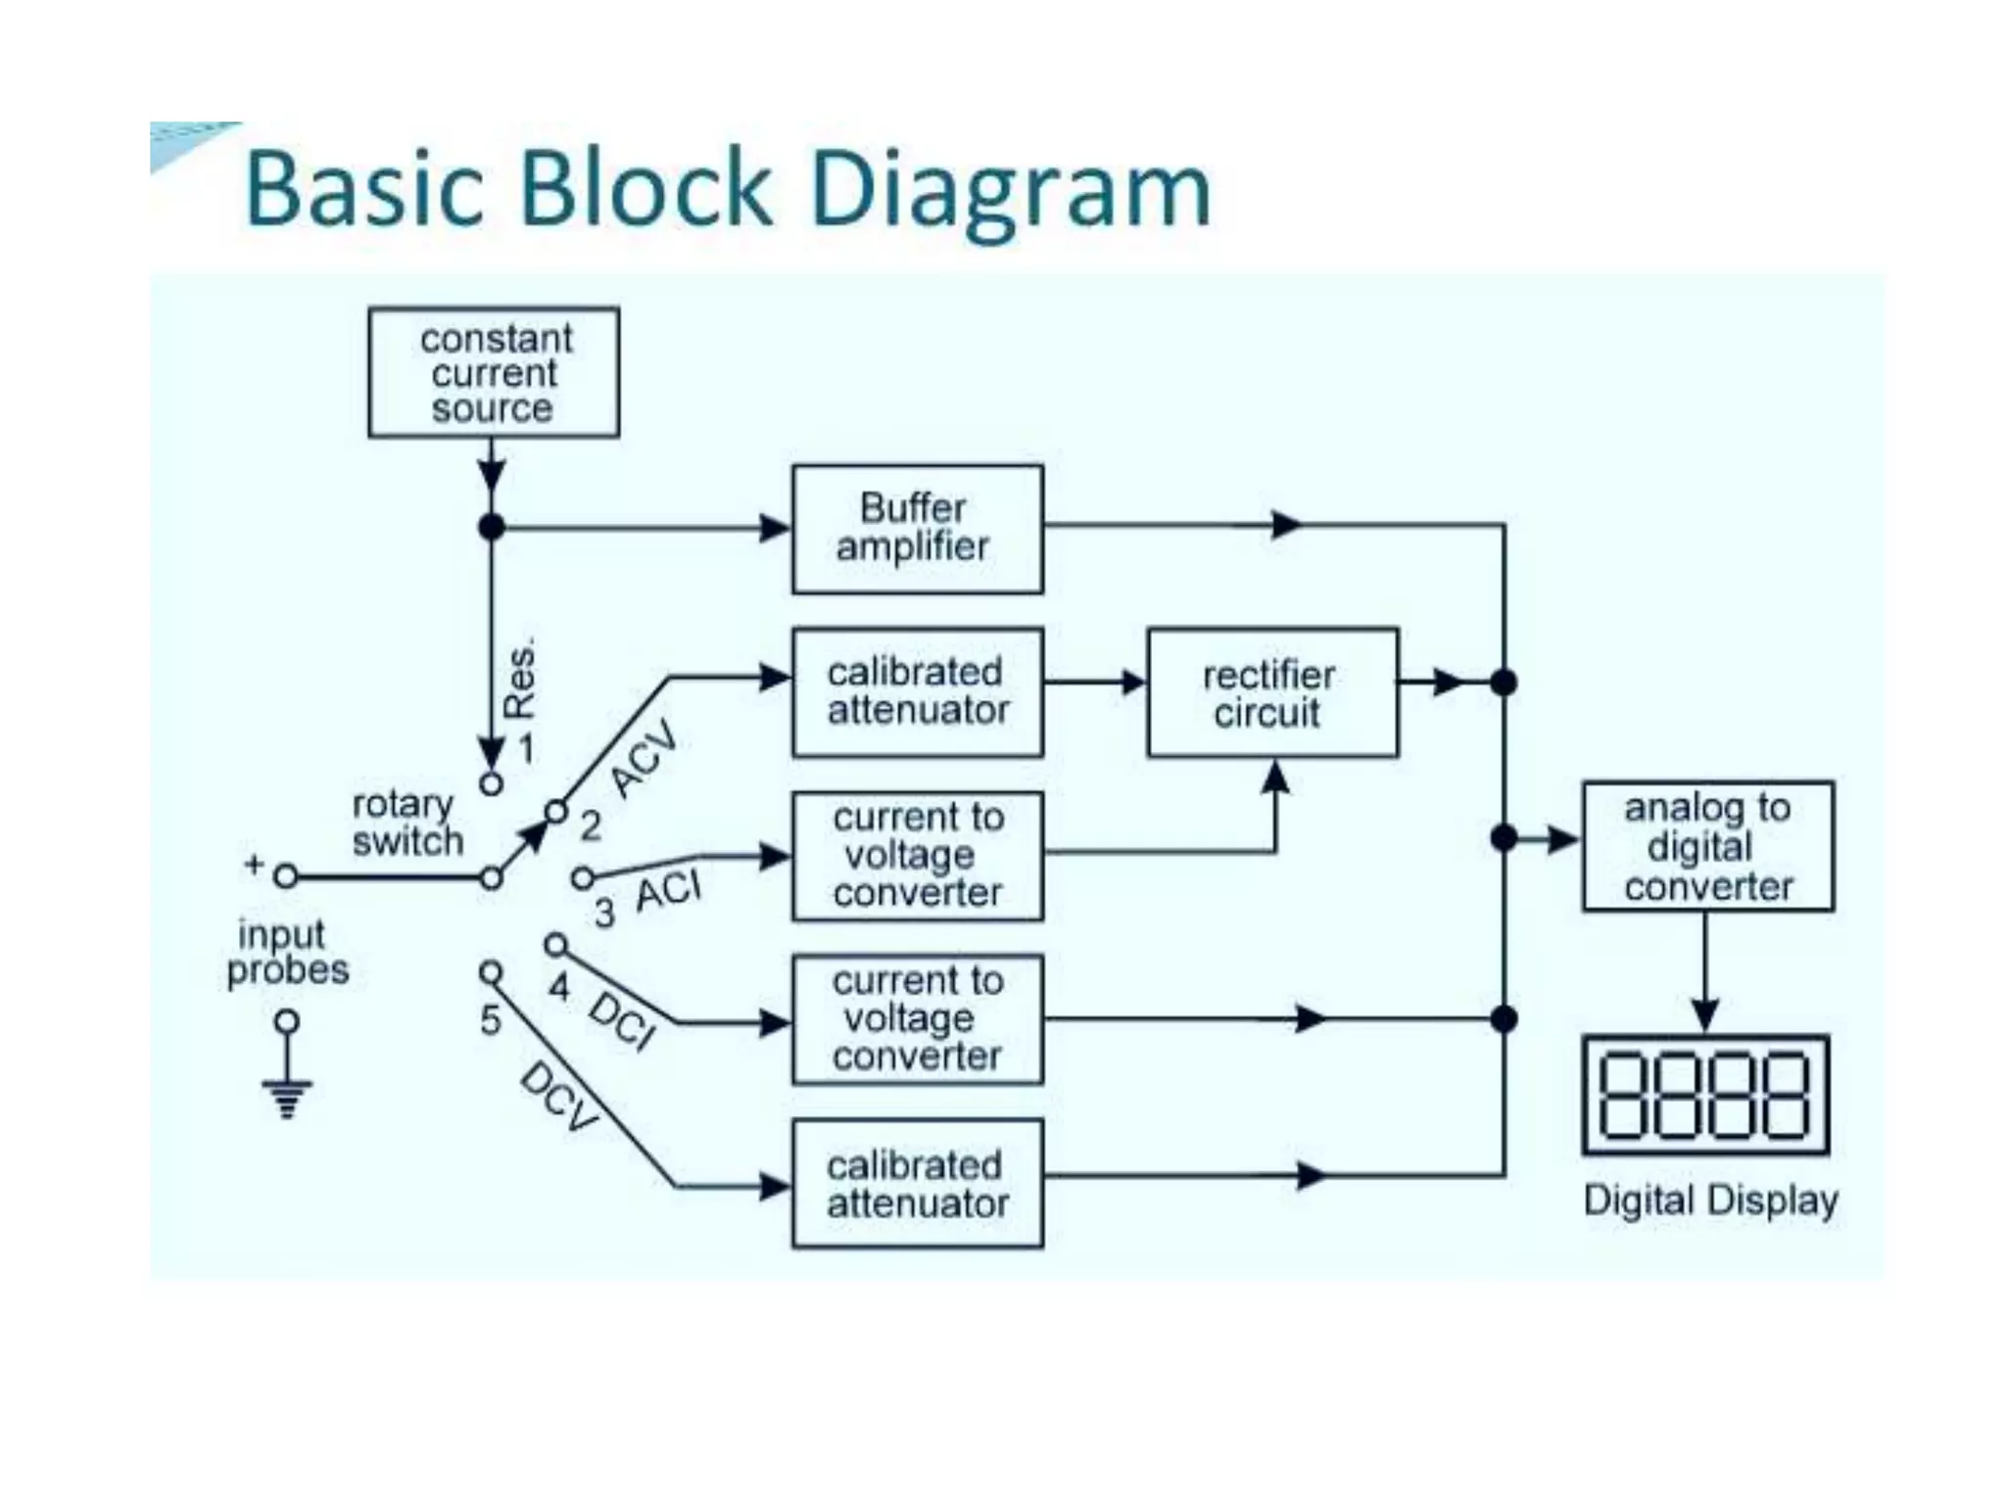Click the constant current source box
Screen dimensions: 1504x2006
tap(494, 373)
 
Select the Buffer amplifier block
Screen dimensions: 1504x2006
tap(917, 529)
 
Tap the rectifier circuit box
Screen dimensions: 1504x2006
tap(1271, 693)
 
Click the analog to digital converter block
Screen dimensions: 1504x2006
tap(1707, 847)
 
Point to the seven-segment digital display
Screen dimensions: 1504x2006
tap(1705, 1095)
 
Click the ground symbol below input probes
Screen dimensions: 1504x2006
tap(287, 1097)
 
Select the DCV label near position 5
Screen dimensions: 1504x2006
tap(559, 1098)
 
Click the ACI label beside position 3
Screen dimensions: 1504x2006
tap(669, 892)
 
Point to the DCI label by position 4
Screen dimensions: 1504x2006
tap(622, 1020)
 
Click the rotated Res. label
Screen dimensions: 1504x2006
tap(520, 679)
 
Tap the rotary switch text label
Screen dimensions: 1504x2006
tap(406, 822)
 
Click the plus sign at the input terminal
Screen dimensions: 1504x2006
tap(254, 865)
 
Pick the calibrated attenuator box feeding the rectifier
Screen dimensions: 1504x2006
tap(917, 692)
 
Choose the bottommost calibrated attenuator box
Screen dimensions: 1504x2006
tap(917, 1184)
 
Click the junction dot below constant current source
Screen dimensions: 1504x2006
tap(492, 528)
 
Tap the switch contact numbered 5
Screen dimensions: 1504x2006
tap(491, 971)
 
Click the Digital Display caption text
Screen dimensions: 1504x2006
tap(1709, 1200)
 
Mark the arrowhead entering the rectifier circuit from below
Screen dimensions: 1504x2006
tap(1274, 775)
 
